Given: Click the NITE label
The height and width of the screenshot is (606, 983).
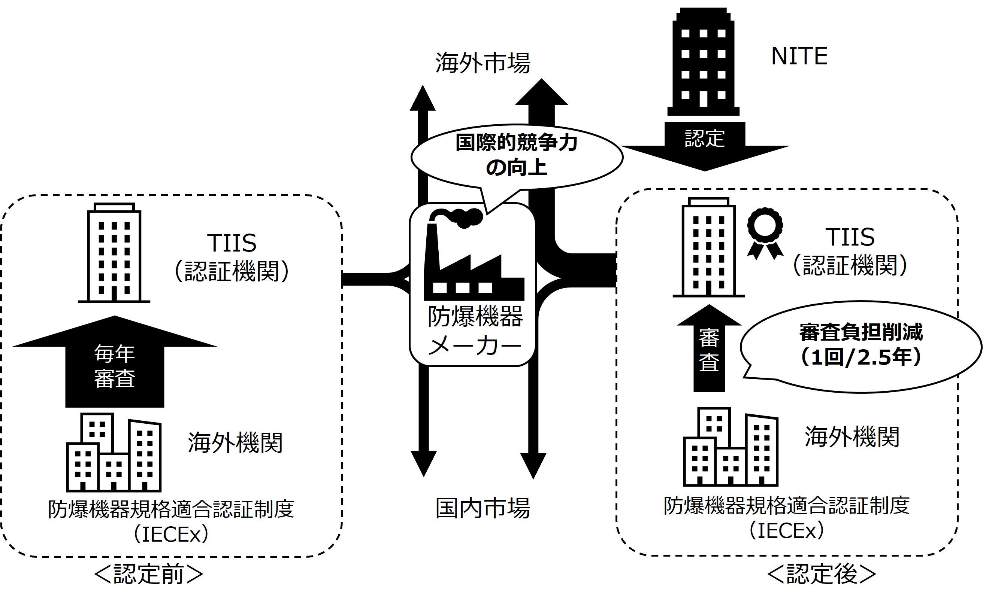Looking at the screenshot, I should [799, 56].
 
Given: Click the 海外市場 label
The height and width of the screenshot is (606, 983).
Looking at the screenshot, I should [483, 63].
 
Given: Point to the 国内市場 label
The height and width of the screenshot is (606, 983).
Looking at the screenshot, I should [483, 508].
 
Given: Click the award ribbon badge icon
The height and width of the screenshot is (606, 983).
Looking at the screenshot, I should [765, 232].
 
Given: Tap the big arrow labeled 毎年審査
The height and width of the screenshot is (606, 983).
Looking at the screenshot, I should [115, 365].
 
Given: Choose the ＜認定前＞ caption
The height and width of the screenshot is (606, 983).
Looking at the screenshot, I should [148, 575].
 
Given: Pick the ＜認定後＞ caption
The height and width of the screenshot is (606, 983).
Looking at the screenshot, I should [822, 575].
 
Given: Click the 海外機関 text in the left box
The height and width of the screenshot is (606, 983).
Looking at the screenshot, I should [235, 443].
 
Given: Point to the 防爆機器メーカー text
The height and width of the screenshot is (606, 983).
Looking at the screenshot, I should [475, 331].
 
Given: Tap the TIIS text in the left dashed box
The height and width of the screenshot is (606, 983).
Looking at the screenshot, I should [232, 243].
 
